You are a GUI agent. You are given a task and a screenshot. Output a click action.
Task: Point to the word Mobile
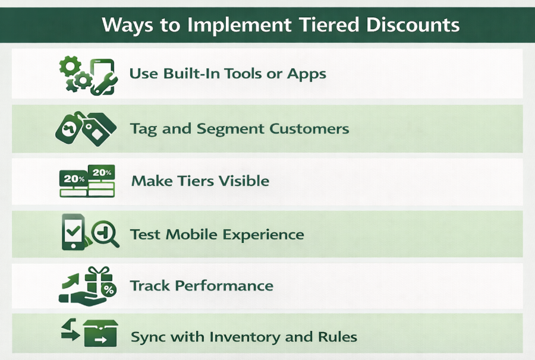(191, 234)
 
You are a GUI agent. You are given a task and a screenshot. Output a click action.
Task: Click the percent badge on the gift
(109, 290)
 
